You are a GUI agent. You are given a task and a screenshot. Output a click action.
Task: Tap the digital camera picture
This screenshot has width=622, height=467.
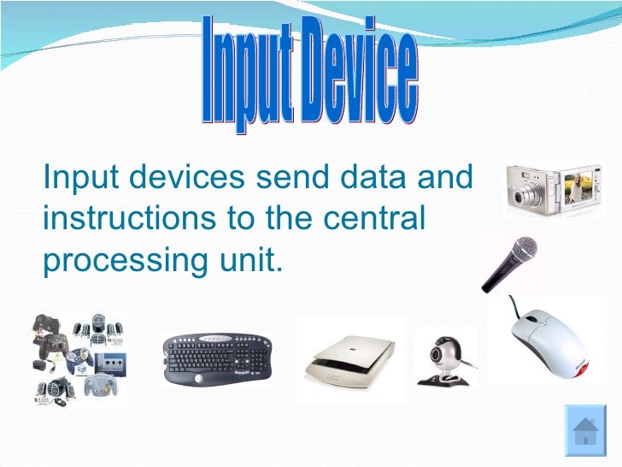tap(551, 189)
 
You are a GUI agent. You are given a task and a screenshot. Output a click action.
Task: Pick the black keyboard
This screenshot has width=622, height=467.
tap(218, 358)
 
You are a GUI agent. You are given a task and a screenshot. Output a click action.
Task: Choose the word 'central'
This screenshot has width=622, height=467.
tap(377, 218)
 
